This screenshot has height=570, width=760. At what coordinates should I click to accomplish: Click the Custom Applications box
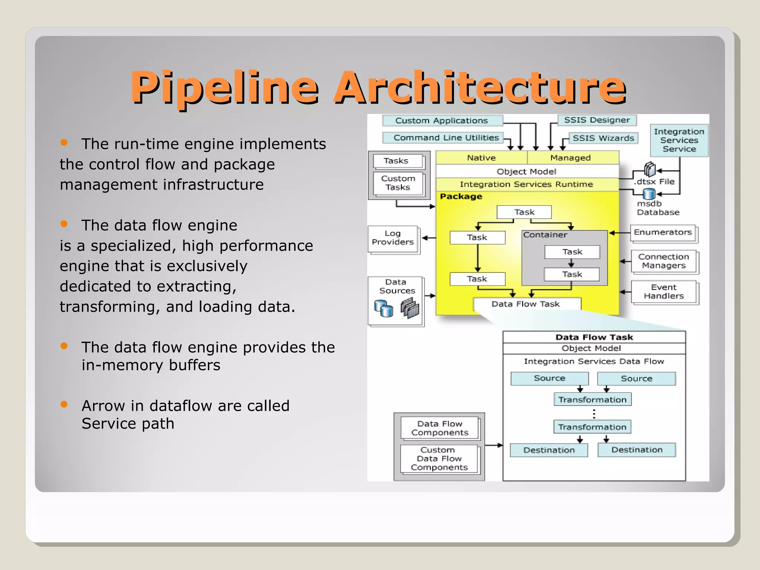442,121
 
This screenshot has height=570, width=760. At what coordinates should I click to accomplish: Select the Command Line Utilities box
443,138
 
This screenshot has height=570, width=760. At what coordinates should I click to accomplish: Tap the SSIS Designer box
597,120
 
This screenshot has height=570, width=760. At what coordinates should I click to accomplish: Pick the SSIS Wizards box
603,138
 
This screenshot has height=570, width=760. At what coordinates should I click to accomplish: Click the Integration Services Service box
679,140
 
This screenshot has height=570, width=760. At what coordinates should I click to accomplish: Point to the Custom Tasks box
398,183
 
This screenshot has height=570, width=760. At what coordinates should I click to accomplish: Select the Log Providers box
393,238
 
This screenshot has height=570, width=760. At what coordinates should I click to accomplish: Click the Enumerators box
663,233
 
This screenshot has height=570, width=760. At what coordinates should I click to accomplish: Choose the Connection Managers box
664,261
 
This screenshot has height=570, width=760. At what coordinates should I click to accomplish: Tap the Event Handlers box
664,292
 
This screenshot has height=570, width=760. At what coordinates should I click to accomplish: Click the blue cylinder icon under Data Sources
383,309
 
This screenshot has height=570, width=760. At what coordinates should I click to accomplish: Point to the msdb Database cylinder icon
649,194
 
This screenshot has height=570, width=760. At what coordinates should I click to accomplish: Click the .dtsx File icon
650,170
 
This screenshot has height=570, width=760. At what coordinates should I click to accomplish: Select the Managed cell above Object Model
571,158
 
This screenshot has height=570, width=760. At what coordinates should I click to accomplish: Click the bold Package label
461,196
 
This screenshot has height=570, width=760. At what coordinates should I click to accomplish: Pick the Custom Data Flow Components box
439,459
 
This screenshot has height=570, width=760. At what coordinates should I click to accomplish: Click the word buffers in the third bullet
194,365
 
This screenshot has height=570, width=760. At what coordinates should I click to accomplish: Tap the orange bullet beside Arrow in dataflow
64,404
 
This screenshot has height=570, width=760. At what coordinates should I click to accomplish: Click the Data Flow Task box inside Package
526,304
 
